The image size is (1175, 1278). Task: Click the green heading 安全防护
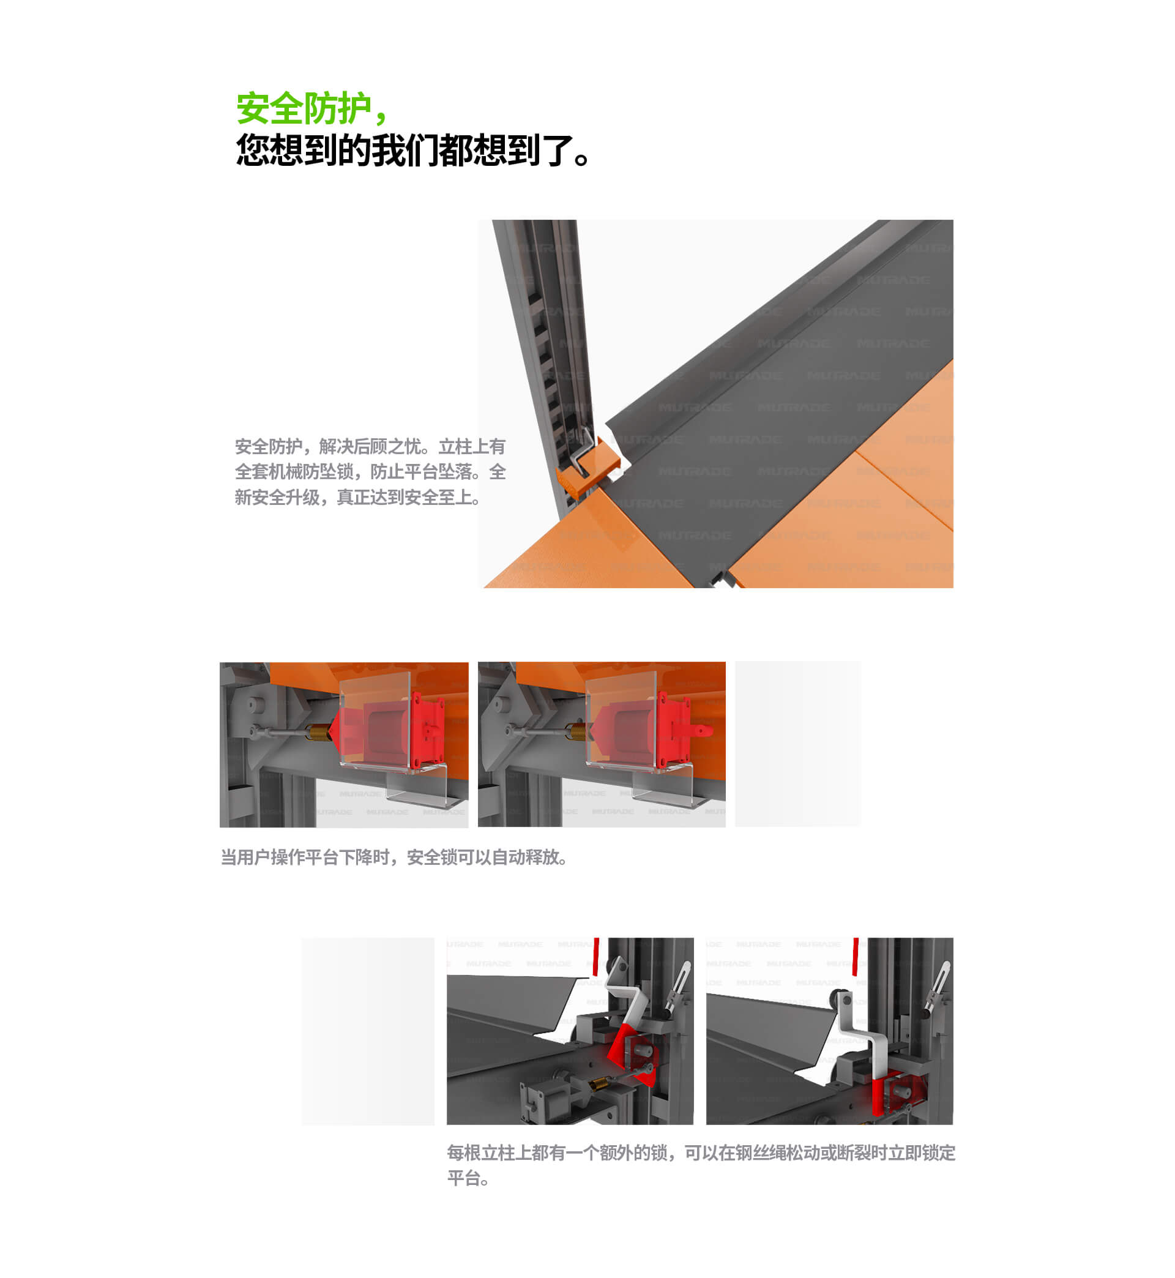(x=304, y=108)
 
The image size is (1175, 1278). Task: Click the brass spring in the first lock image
(x=317, y=733)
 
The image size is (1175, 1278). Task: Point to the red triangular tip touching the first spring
(x=332, y=732)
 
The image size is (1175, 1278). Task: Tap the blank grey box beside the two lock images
(x=797, y=744)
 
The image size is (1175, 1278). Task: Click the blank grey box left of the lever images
(x=368, y=1031)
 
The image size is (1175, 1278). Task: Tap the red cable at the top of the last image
(x=856, y=955)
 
